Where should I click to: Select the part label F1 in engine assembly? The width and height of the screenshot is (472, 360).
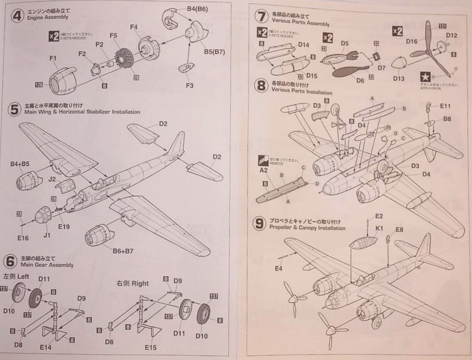[x=53, y=58]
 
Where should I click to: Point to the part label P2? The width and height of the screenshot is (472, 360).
[x=99, y=44]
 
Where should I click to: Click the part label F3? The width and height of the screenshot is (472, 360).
[x=189, y=86]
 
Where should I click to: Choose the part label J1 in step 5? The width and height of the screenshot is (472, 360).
[x=47, y=234]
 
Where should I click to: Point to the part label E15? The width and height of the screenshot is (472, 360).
[x=151, y=347]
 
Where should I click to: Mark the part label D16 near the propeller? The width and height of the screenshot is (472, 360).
[x=412, y=42]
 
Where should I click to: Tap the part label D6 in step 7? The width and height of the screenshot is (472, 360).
[x=360, y=81]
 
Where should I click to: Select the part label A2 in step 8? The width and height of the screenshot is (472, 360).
[x=264, y=170]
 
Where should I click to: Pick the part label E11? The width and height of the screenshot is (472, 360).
[x=445, y=106]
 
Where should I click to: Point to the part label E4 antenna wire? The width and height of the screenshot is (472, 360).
[x=279, y=268]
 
